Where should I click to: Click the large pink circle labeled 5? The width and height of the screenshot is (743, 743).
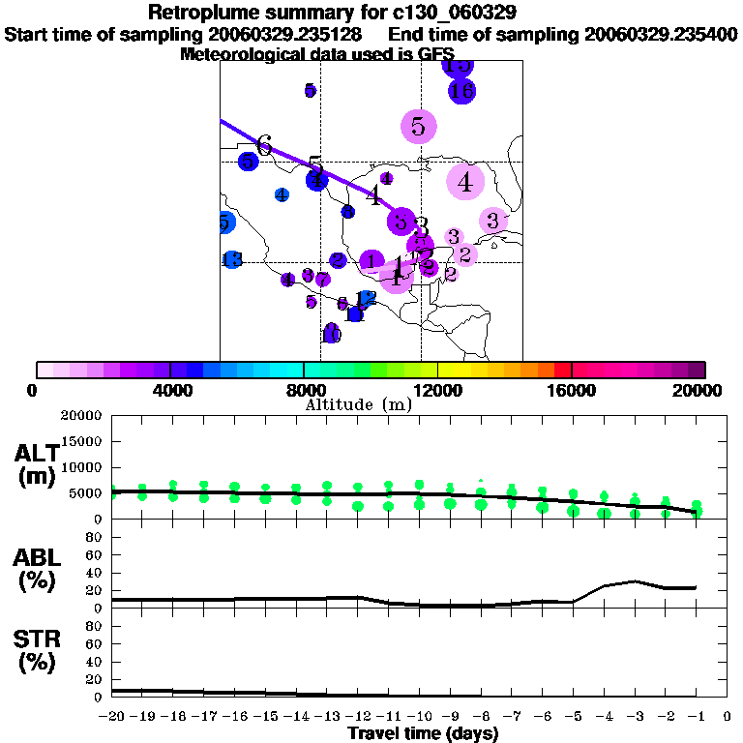(418, 126)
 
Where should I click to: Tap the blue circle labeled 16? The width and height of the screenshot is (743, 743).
(461, 92)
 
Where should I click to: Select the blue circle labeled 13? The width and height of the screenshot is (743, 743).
(232, 259)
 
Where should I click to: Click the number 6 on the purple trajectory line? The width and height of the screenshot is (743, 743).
(263, 144)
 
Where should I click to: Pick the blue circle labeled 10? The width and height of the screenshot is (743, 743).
(332, 334)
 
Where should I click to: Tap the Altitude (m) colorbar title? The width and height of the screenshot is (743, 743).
(358, 404)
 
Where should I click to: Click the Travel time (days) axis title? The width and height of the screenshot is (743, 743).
(423, 734)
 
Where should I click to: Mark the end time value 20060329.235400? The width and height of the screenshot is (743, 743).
(661, 34)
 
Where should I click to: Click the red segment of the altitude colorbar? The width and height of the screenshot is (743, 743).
(563, 370)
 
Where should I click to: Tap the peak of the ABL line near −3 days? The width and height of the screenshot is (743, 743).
(634, 581)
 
